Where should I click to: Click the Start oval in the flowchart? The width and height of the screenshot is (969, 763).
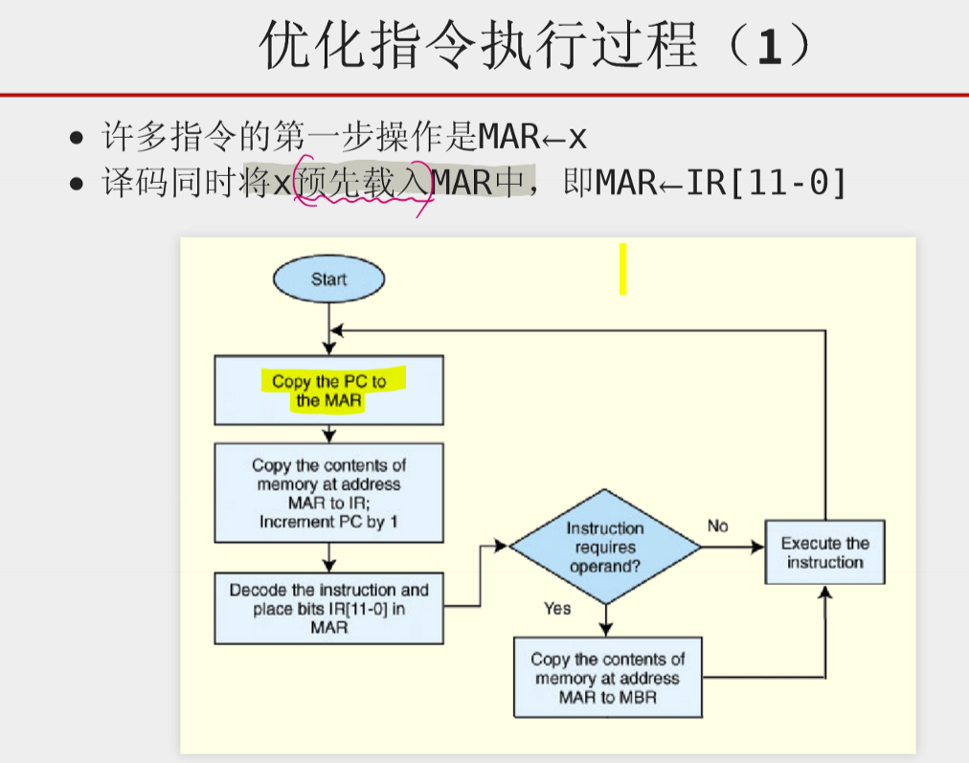click(x=328, y=279)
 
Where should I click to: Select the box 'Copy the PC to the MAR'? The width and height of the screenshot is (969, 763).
click(x=328, y=391)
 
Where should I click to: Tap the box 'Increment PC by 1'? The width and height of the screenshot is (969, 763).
click(x=328, y=493)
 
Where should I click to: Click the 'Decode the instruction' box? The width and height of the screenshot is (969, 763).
click(x=328, y=609)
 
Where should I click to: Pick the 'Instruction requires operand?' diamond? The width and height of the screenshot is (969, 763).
click(x=605, y=548)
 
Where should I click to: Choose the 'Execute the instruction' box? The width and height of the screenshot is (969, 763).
click(x=824, y=552)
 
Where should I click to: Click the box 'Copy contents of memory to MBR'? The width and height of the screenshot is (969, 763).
click(x=608, y=678)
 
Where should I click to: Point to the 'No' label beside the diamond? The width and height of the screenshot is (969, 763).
click(x=717, y=526)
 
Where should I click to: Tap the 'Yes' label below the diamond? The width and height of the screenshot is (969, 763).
click(x=557, y=608)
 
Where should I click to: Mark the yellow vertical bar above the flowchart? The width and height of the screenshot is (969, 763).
click(x=622, y=268)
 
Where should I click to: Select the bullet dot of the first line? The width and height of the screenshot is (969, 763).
click(x=77, y=139)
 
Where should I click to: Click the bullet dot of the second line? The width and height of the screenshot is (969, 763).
click(x=77, y=183)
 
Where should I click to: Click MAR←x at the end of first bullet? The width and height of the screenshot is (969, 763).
click(x=532, y=138)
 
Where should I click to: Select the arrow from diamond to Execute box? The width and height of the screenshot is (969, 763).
click(x=733, y=548)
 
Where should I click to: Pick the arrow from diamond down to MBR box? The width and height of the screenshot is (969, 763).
click(x=605, y=620)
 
